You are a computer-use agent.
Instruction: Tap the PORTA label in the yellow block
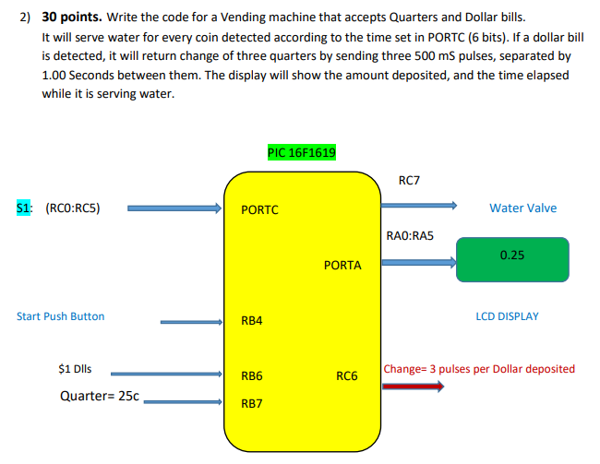pyautogui.click(x=342, y=265)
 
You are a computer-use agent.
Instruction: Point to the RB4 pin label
pyautogui.click(x=251, y=321)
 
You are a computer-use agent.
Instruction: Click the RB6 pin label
pyautogui.click(x=251, y=375)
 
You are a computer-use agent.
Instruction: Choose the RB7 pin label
pyautogui.click(x=251, y=403)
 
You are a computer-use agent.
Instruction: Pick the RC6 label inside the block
pyautogui.click(x=346, y=375)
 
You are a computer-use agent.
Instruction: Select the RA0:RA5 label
pyautogui.click(x=409, y=236)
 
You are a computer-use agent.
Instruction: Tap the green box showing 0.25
pyautogui.click(x=511, y=256)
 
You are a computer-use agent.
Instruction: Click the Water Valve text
pyautogui.click(x=522, y=208)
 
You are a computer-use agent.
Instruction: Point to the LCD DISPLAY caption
pyautogui.click(x=507, y=316)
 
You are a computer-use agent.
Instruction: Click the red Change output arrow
pyautogui.click(x=413, y=387)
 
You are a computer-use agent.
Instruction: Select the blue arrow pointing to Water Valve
pyautogui.click(x=418, y=206)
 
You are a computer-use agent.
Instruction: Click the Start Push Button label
pyautogui.click(x=61, y=316)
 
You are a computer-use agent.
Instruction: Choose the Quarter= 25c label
pyautogui.click(x=99, y=396)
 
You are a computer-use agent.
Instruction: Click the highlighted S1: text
pyautogui.click(x=25, y=208)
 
